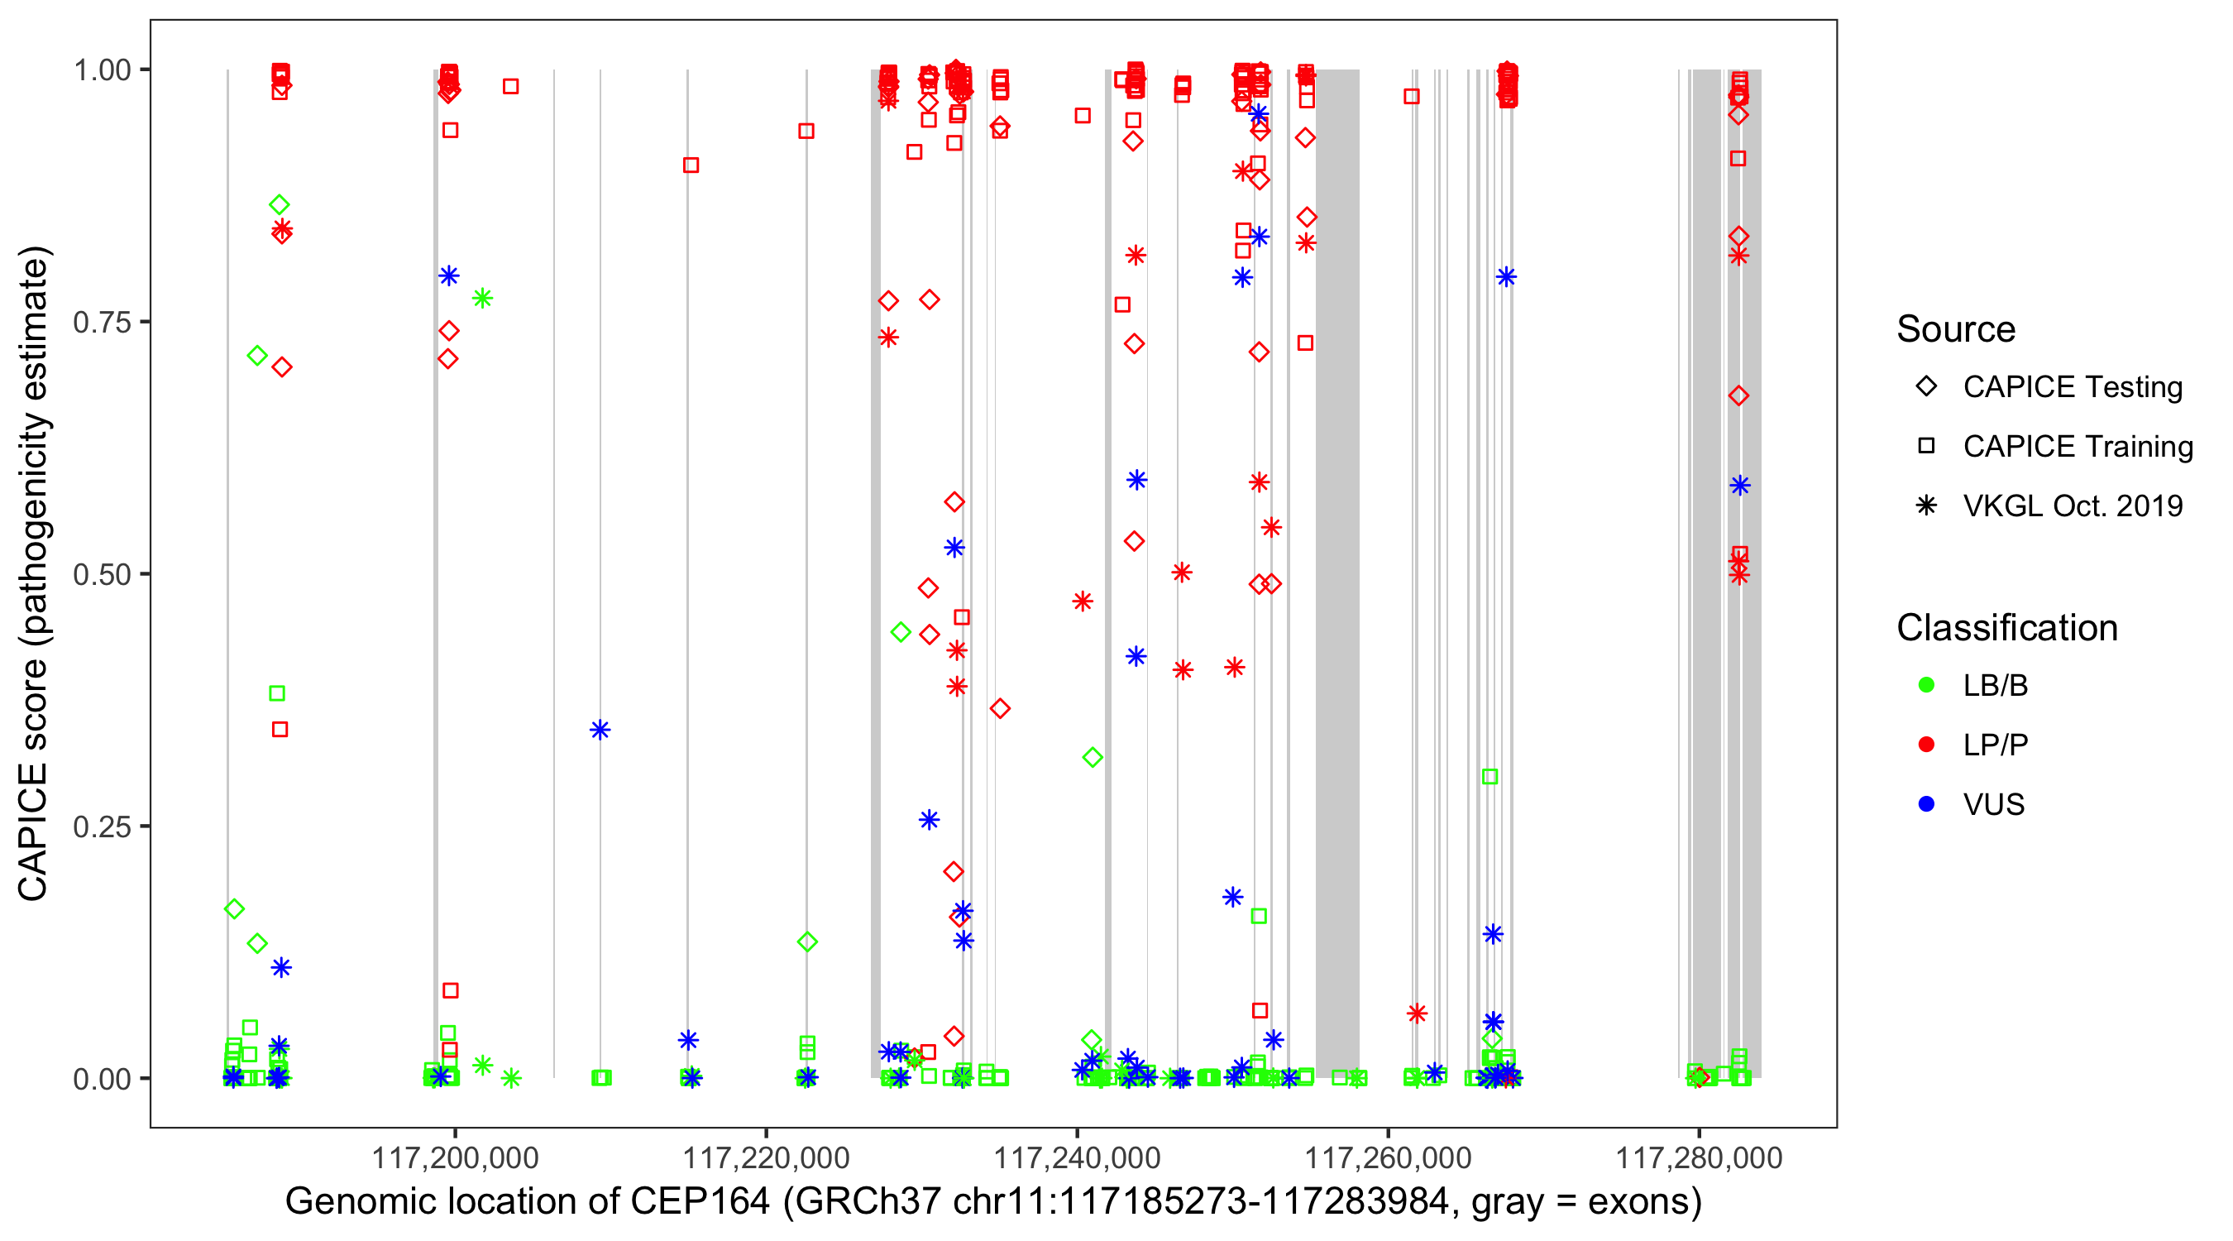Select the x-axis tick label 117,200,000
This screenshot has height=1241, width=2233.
click(x=454, y=1157)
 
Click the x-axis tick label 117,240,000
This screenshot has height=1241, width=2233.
click(x=1077, y=1157)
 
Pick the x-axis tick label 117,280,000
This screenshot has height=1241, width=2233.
click(x=1699, y=1157)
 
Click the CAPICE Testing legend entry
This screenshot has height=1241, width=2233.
click(x=2072, y=387)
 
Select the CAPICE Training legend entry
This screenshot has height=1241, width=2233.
click(x=2077, y=447)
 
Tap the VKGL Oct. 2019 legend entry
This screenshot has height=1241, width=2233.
click(x=2072, y=506)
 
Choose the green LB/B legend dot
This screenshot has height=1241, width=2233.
click(x=1926, y=685)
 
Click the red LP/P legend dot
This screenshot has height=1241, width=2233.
click(x=1926, y=745)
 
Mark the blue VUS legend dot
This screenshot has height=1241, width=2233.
click(x=1926, y=804)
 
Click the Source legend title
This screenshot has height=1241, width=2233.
click(x=1956, y=329)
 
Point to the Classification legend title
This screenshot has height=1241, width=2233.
click(x=2006, y=628)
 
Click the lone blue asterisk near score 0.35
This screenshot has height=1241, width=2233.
click(x=600, y=731)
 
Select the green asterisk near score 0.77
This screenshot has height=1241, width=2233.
click(x=483, y=299)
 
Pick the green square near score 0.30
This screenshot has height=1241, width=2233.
click(x=1489, y=777)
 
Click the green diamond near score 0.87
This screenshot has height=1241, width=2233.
click(x=280, y=204)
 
